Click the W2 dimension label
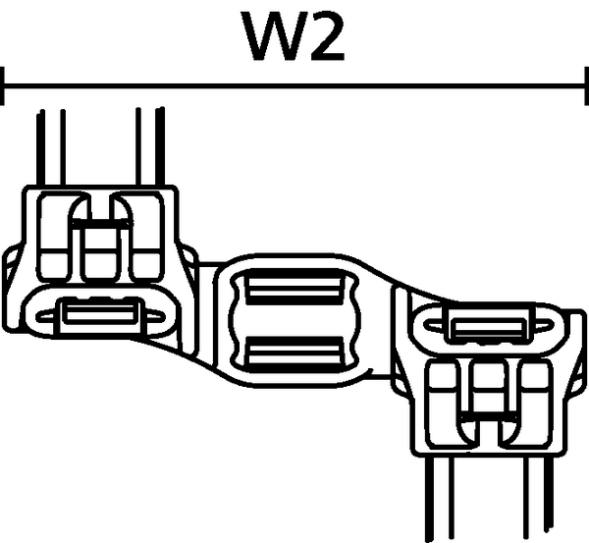coord(294,36)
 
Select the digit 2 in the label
coord(326,36)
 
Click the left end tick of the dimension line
coord(2,86)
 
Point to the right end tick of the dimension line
coord(586,86)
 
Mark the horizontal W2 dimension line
coord(294,86)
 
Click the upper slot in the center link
coord(294,287)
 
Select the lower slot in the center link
coord(294,354)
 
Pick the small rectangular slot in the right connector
coord(488,327)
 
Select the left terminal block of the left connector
coord(53,238)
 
